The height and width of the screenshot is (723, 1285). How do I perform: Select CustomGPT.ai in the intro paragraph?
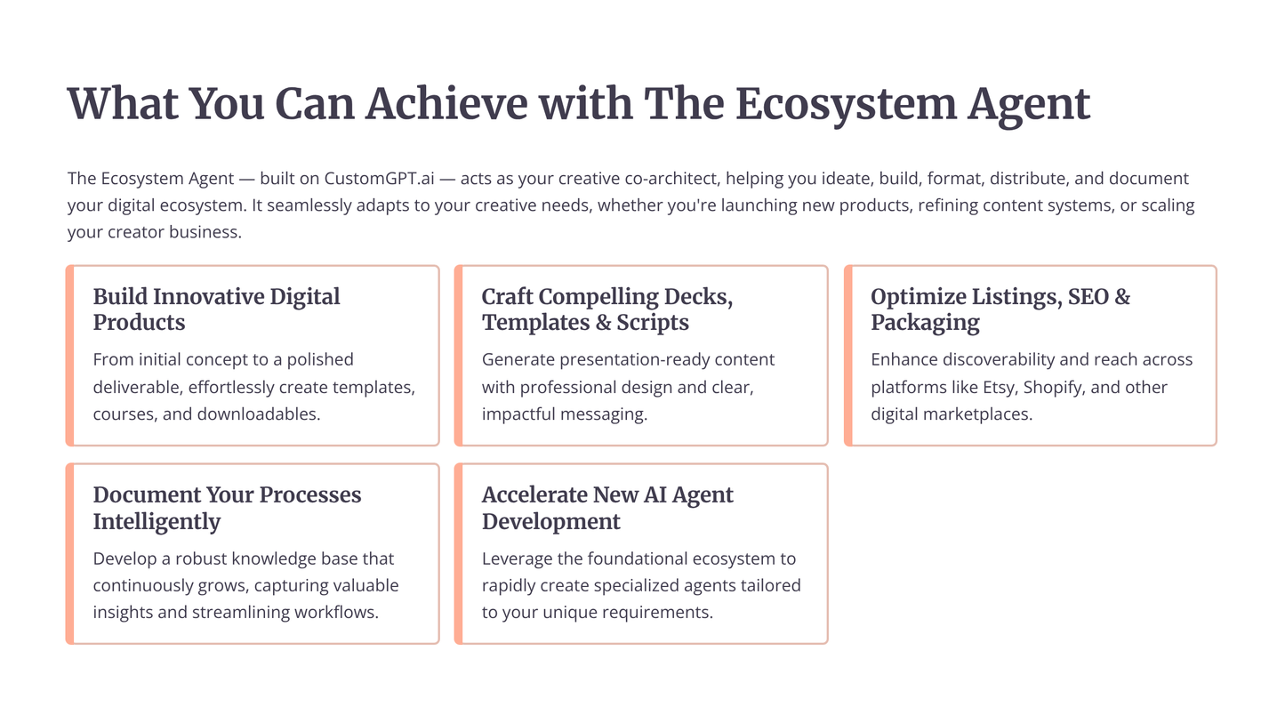tap(379, 179)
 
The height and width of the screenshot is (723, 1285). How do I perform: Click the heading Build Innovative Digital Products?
tap(216, 309)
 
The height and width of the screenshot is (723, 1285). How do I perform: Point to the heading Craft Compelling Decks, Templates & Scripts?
tap(606, 309)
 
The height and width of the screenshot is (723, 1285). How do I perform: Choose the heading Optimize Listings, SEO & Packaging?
tap(1000, 309)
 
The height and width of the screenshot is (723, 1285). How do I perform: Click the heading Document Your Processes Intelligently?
tap(227, 507)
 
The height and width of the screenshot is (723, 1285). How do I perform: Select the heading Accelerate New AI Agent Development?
tap(606, 507)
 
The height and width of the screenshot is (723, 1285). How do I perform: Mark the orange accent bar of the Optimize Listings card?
tap(848, 355)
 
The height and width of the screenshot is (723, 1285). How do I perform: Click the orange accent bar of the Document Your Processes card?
tap(70, 553)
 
